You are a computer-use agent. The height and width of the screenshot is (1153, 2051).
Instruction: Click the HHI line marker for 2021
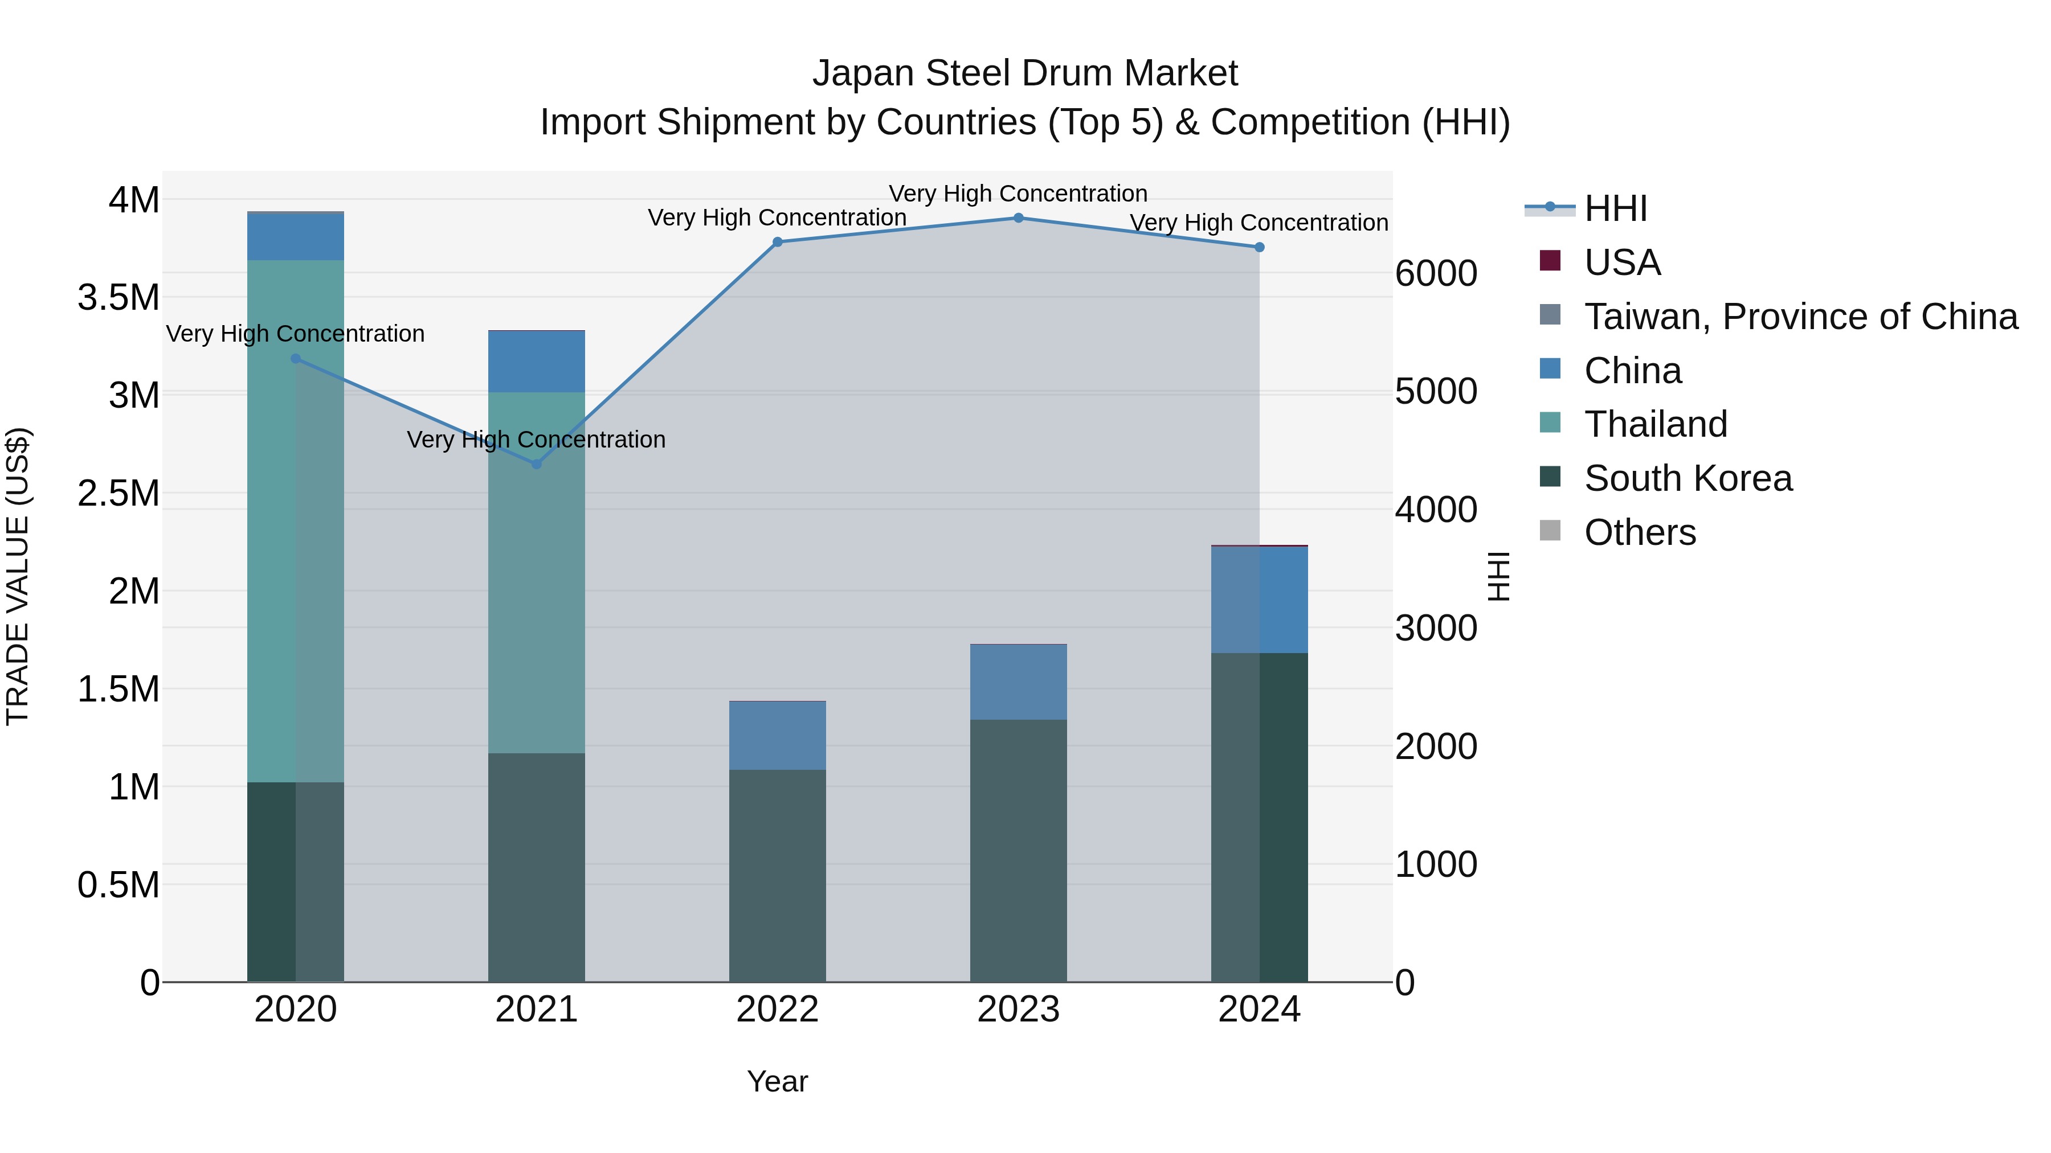[x=536, y=464]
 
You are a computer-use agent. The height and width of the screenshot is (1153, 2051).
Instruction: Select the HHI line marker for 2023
[x=1018, y=218]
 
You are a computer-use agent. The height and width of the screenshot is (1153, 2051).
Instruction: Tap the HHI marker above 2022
[x=778, y=242]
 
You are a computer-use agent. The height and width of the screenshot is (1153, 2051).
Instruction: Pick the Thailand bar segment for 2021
[x=536, y=572]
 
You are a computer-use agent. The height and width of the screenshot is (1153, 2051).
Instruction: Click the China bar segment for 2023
[x=1018, y=682]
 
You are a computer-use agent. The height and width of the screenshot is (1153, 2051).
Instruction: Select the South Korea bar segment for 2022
[x=778, y=875]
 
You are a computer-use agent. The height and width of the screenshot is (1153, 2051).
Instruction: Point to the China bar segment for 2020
[x=295, y=237]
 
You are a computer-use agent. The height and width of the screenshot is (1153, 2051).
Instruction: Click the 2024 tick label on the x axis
[x=1259, y=1010]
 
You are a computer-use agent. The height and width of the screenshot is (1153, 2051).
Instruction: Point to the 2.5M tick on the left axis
[x=119, y=493]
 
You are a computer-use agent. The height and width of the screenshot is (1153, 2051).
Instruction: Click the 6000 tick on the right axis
[x=1436, y=274]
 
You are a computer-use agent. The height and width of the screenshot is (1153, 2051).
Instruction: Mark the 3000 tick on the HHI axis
[x=1436, y=628]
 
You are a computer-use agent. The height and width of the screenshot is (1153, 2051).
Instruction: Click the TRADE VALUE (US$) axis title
[x=18, y=576]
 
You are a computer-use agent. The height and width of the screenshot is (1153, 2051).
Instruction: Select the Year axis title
[x=777, y=1081]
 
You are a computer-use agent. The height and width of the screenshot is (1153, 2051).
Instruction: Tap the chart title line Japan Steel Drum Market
[x=1025, y=73]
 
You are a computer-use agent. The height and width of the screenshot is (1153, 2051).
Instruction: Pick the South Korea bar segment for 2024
[x=1259, y=817]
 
